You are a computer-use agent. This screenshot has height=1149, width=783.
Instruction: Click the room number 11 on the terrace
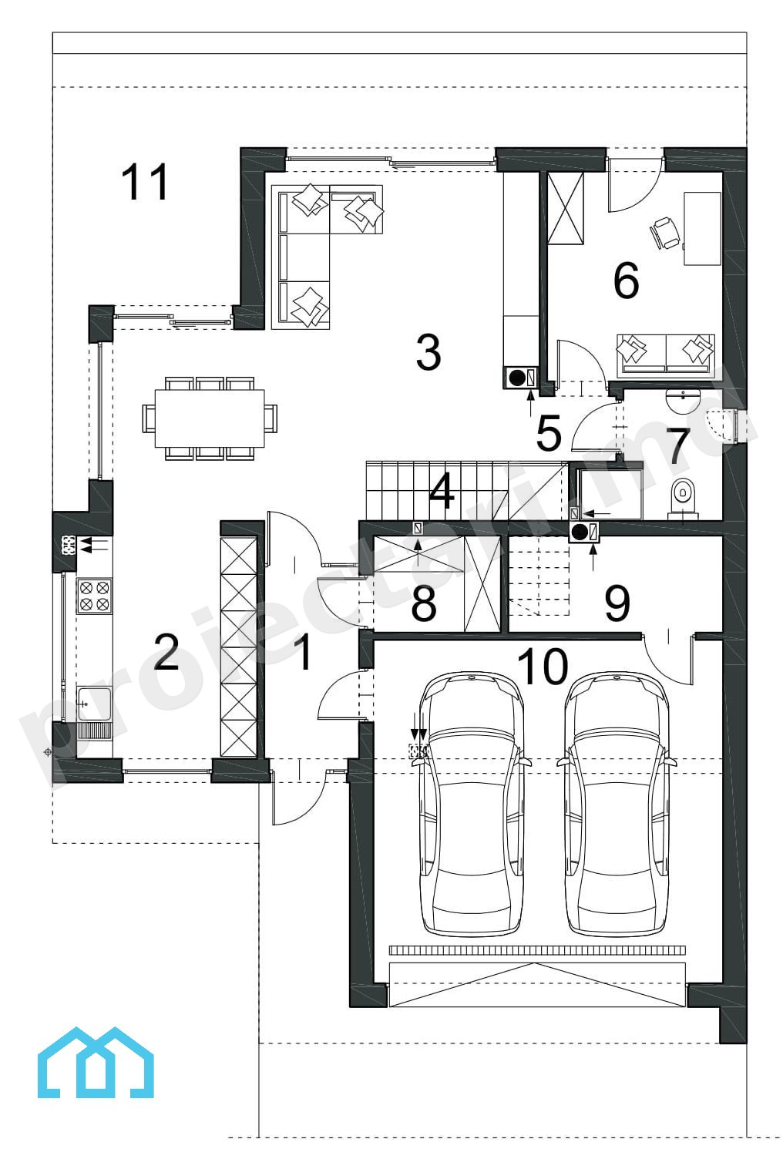coord(145,182)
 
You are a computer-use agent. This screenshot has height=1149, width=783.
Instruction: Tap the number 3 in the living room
coord(428,352)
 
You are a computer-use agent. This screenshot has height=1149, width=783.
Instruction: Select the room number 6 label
coord(626,280)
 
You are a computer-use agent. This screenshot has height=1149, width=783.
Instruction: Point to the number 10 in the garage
coord(543,667)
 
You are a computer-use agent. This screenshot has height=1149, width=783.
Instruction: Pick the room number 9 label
coord(617,603)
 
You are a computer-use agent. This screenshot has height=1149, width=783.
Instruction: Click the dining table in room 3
coord(210,418)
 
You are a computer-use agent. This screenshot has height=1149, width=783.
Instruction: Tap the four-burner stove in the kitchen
coord(94,596)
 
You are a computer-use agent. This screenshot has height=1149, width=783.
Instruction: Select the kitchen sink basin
coord(94,705)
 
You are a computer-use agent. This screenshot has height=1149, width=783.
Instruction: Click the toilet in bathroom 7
coord(683,497)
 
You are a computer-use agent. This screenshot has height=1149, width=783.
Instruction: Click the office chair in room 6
coord(665,233)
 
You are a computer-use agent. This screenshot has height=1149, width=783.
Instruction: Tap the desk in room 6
coord(702,228)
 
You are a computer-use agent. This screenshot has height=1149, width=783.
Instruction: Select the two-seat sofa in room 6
coord(666,353)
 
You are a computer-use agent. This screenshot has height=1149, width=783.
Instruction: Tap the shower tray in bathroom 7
coord(609,492)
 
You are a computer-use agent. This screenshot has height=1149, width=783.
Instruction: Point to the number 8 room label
coord(424,603)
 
